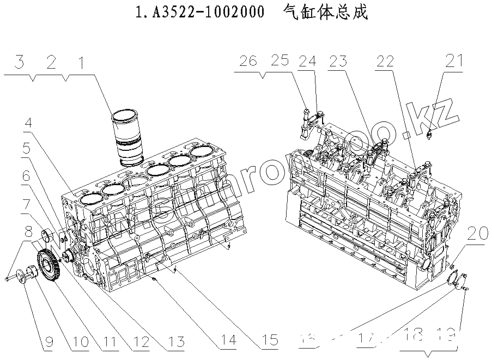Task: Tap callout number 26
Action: click(248, 61)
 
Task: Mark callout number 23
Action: click(338, 61)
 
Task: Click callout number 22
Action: click(385, 61)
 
